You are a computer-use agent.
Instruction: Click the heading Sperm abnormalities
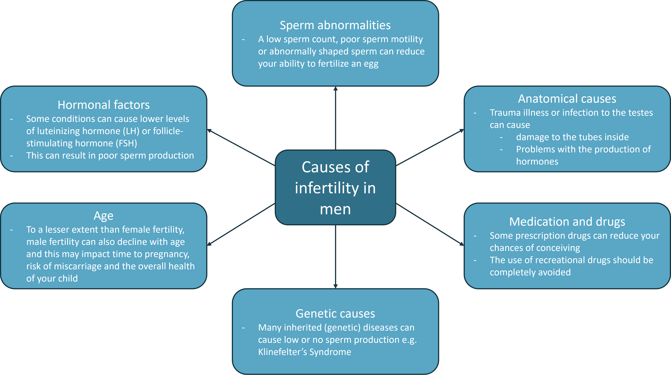tap(335, 25)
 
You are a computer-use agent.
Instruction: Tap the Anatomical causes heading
tap(567, 99)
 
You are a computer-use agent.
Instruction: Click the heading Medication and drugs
tap(567, 222)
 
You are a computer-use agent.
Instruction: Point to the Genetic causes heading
tap(335, 314)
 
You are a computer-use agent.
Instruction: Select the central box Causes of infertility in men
tap(335, 188)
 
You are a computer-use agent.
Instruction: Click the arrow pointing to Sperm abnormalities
tap(335, 117)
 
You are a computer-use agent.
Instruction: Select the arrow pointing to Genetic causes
tap(335, 257)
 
